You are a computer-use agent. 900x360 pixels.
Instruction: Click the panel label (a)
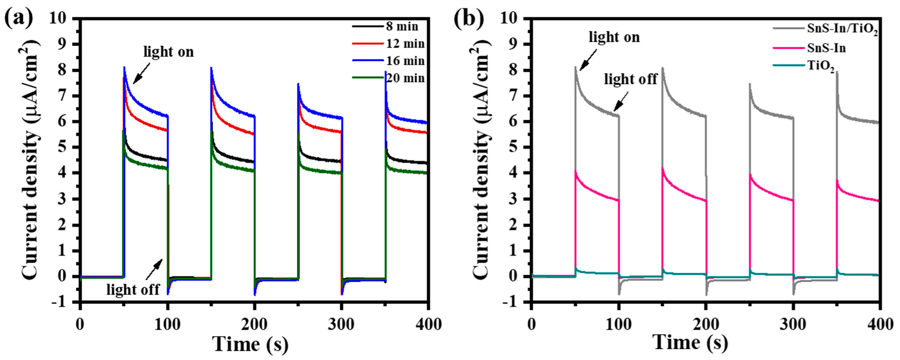(x=19, y=19)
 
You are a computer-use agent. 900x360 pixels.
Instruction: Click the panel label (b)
(x=468, y=19)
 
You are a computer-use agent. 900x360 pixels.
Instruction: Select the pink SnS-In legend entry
(x=826, y=48)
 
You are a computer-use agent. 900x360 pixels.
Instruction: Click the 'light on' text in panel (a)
(x=168, y=52)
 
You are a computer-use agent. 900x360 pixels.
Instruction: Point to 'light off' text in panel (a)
(x=133, y=289)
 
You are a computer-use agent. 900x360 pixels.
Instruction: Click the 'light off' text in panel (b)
(x=630, y=79)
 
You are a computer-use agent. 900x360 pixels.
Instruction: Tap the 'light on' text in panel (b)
(x=614, y=37)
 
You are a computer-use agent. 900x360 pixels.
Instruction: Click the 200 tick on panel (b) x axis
(x=706, y=324)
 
